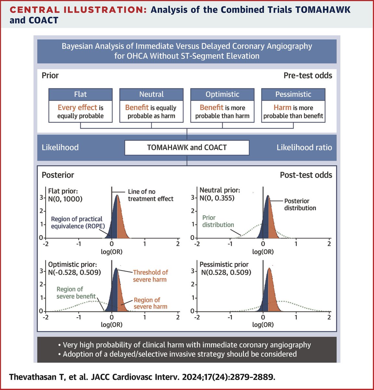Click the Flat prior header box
point(81,94)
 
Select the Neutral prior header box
point(151,94)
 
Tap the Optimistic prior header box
point(222,94)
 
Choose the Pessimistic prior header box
point(293,94)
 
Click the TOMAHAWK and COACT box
point(187,148)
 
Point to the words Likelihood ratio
point(304,148)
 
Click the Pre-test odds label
point(308,75)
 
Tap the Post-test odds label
point(306,175)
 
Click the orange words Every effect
point(77,108)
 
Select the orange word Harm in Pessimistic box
point(282,108)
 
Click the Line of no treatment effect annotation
point(151,195)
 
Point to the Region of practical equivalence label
point(78,222)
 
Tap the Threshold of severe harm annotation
point(150,276)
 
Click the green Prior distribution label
point(218,221)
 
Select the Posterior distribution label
point(300,204)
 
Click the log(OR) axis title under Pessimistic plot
point(263,324)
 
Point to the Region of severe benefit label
point(76,292)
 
